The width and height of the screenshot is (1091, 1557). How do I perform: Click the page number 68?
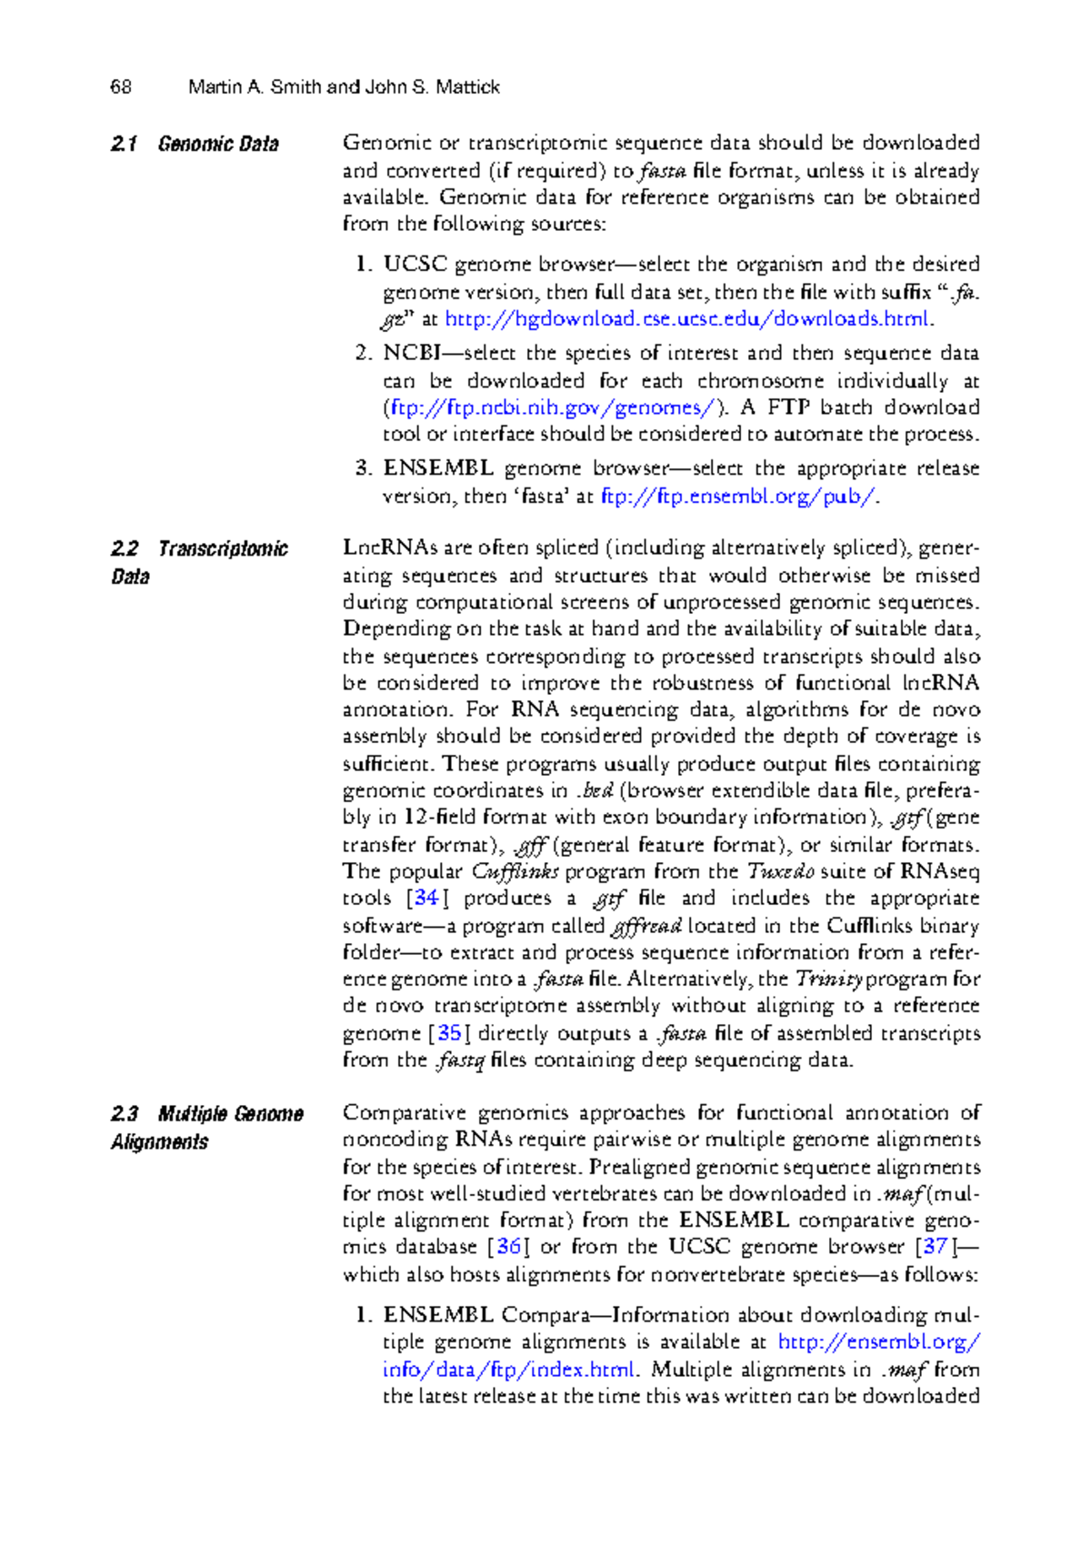point(121,87)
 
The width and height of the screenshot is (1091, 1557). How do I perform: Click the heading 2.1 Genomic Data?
point(194,144)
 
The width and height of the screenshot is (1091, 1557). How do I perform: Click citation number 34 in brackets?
point(425,899)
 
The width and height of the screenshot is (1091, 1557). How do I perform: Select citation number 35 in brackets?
point(449,1033)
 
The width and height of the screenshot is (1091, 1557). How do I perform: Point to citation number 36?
point(508,1247)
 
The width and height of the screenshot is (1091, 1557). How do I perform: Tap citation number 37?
point(936,1247)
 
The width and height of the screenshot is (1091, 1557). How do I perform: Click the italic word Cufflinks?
point(515,872)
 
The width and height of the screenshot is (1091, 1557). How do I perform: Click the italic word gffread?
point(646,927)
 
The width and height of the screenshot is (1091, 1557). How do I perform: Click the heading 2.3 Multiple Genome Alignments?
point(206,1128)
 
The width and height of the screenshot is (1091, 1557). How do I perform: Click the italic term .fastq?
point(459,1060)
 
